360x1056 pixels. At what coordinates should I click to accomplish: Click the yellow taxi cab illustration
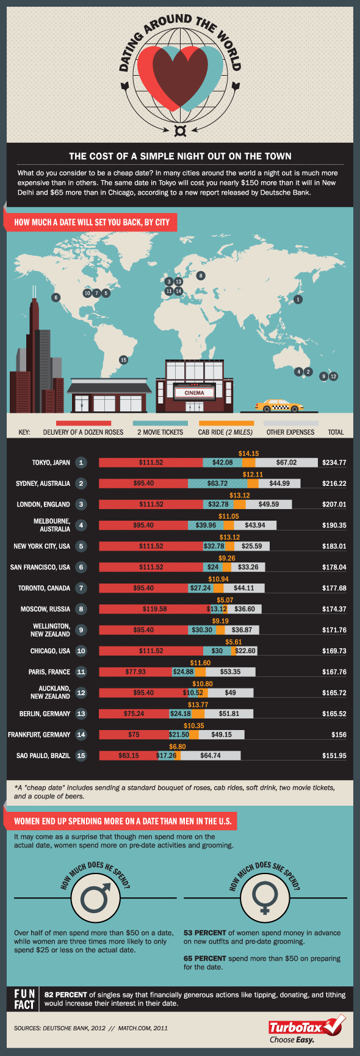[x=279, y=405]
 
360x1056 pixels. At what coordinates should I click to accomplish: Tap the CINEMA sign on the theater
[x=194, y=392]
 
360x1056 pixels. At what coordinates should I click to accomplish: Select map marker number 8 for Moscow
[x=201, y=275]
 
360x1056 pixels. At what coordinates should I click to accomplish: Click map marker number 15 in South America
[x=123, y=360]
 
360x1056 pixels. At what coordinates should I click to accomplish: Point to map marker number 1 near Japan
[x=298, y=300]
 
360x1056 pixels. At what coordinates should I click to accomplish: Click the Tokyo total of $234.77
[x=334, y=463]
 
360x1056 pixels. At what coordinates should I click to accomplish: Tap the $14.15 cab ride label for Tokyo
[x=248, y=454]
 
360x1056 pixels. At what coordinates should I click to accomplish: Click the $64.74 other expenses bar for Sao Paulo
[x=211, y=756]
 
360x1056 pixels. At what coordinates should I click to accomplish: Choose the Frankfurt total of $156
[x=338, y=735]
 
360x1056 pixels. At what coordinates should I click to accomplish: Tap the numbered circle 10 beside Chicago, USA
[x=81, y=651]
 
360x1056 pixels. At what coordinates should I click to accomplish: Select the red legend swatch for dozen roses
[x=83, y=423]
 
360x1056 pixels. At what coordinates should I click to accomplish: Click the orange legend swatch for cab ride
[x=226, y=423]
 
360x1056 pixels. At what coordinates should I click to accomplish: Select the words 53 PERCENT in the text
[x=205, y=933]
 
